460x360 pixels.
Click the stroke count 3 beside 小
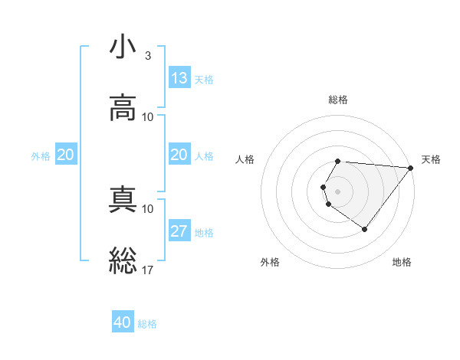147,56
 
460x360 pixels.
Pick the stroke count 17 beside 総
148,270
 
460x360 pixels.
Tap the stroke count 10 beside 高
148,116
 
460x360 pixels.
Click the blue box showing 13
179,78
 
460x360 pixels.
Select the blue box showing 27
179,231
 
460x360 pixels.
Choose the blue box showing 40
123,322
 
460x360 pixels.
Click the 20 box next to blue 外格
65,155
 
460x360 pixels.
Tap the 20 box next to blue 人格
179,155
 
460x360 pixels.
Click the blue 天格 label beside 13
204,79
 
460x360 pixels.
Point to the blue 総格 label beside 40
147,323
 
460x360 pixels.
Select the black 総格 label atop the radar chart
338,100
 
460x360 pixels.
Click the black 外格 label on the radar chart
270,262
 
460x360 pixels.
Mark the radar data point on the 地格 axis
364,229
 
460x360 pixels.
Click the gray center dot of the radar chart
338,191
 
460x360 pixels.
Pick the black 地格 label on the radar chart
402,262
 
